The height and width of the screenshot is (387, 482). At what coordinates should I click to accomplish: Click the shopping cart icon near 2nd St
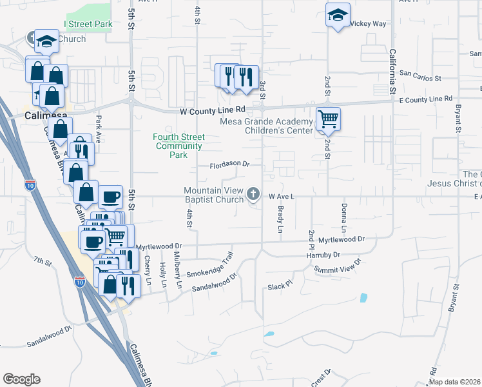pos(328,119)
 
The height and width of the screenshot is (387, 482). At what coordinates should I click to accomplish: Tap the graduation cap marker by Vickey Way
pos(337,16)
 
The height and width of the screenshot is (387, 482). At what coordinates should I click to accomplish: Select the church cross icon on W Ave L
pos(254,193)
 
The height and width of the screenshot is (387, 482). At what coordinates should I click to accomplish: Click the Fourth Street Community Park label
pos(178,146)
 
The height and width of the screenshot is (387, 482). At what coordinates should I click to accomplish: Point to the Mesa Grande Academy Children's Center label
pos(266,126)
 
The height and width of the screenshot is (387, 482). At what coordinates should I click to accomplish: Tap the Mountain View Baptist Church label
pos(213,195)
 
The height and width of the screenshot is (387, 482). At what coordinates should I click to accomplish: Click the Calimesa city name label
pos(47,115)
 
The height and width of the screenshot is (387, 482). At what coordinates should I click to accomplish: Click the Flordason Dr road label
pos(229,165)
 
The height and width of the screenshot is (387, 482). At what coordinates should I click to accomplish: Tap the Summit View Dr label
pos(338,267)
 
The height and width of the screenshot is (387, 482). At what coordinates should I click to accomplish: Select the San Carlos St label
pos(419,78)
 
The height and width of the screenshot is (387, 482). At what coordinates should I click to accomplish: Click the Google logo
pos(21,379)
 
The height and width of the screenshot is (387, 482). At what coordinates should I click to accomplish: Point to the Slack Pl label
pos(280,284)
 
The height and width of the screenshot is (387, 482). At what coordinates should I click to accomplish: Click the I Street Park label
pos(88,25)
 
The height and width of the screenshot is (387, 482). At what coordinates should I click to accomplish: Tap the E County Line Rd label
pos(425,99)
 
